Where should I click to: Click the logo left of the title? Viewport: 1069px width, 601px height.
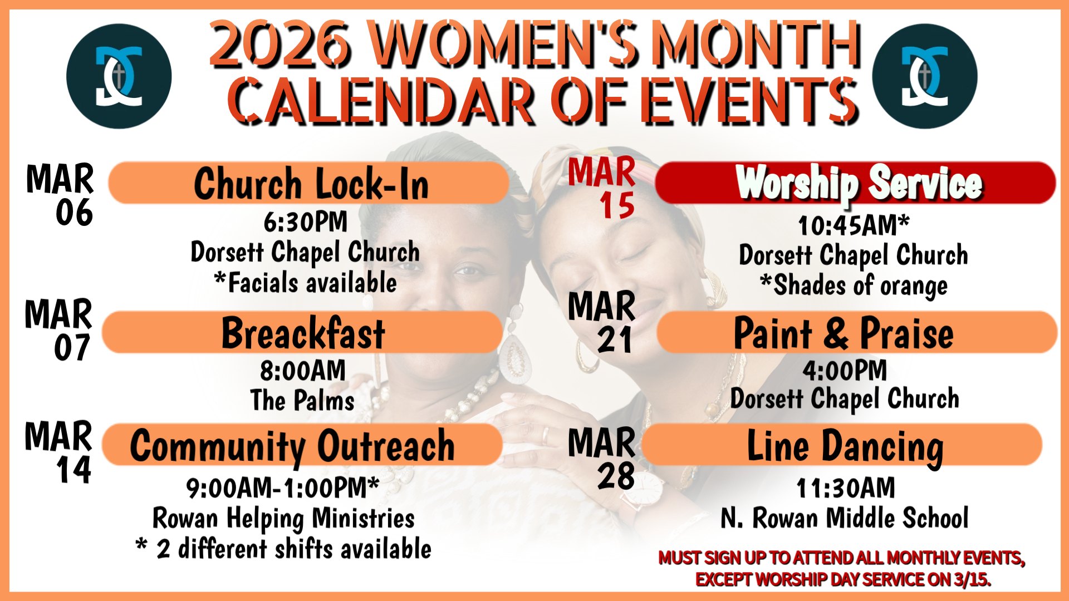click(x=119, y=76)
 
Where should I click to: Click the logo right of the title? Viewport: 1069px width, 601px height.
click(x=925, y=76)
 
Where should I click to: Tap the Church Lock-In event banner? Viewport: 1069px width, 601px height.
click(x=308, y=183)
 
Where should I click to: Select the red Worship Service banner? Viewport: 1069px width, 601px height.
click(x=856, y=183)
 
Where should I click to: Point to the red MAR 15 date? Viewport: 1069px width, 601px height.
click(x=602, y=188)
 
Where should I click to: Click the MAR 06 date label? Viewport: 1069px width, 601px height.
click(x=60, y=195)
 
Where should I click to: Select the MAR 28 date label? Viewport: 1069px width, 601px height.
click(x=602, y=459)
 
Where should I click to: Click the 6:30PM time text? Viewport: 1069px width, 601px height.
click(x=306, y=221)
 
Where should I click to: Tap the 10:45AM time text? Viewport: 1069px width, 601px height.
click(x=854, y=225)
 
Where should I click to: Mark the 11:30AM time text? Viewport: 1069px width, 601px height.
click(x=846, y=488)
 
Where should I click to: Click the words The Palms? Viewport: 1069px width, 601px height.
click(x=302, y=400)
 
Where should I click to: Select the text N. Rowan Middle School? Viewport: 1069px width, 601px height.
click(x=845, y=518)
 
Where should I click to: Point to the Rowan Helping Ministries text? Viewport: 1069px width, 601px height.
click(x=284, y=519)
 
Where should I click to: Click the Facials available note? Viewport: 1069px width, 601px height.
click(x=306, y=282)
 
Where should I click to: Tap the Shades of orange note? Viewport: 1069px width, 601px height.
click(x=854, y=285)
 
